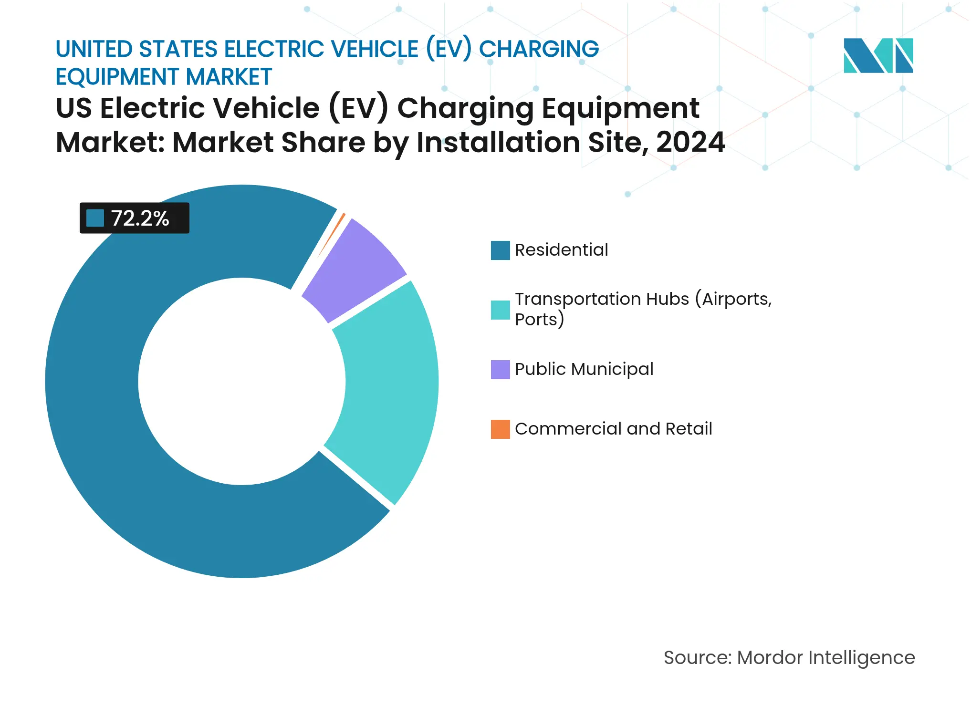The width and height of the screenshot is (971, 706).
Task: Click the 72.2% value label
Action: pyautogui.click(x=140, y=218)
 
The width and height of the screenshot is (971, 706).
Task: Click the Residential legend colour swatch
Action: pyautogui.click(x=500, y=250)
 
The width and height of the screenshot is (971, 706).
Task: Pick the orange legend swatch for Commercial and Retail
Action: pyautogui.click(x=500, y=429)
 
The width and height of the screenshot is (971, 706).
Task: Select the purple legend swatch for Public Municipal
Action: pyautogui.click(x=500, y=369)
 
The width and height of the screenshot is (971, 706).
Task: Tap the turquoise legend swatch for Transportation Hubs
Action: pyautogui.click(x=500, y=310)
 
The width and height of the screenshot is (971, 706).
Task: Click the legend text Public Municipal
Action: pyautogui.click(x=584, y=369)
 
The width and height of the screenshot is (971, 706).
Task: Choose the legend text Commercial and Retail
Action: pyautogui.click(x=613, y=429)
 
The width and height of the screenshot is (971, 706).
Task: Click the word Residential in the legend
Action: pyautogui.click(x=561, y=250)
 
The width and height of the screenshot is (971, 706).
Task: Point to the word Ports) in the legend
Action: pyautogui.click(x=539, y=320)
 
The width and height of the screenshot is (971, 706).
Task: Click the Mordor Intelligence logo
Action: pyautogui.click(x=878, y=55)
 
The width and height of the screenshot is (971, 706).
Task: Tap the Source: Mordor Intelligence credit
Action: pyautogui.click(x=789, y=657)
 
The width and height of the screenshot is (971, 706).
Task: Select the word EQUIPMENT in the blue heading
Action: pyautogui.click(x=117, y=77)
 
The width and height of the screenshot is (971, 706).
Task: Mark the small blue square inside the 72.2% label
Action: pyautogui.click(x=95, y=218)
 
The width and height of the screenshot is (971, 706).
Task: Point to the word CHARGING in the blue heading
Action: pyautogui.click(x=539, y=49)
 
